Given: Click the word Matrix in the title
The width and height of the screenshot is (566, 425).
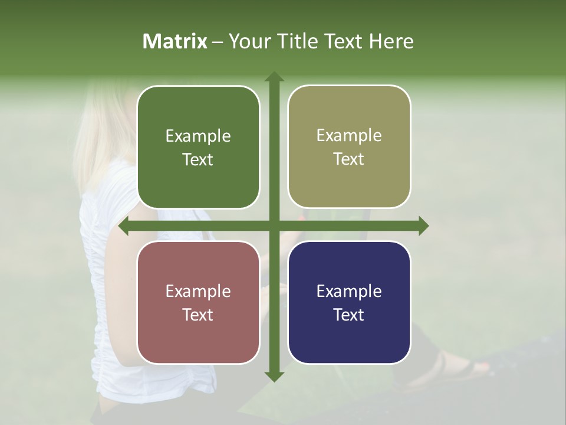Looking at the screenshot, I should [175, 41].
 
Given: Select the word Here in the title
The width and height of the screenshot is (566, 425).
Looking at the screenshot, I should [391, 41].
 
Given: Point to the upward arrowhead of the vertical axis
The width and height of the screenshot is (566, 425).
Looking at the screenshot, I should [274, 77].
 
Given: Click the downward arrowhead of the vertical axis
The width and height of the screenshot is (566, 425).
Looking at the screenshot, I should [274, 375].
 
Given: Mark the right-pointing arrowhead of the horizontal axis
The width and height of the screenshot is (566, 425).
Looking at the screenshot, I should [423, 226].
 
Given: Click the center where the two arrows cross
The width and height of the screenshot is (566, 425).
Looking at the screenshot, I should [274, 226].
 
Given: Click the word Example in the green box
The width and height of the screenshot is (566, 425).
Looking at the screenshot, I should [198, 136].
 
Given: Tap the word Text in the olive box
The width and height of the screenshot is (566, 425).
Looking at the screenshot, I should [349, 159].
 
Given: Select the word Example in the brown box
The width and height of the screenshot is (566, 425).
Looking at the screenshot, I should [198, 292].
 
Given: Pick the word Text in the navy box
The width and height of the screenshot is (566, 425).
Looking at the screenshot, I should [349, 315].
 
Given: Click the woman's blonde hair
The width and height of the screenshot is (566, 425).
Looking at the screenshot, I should [100, 130].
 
